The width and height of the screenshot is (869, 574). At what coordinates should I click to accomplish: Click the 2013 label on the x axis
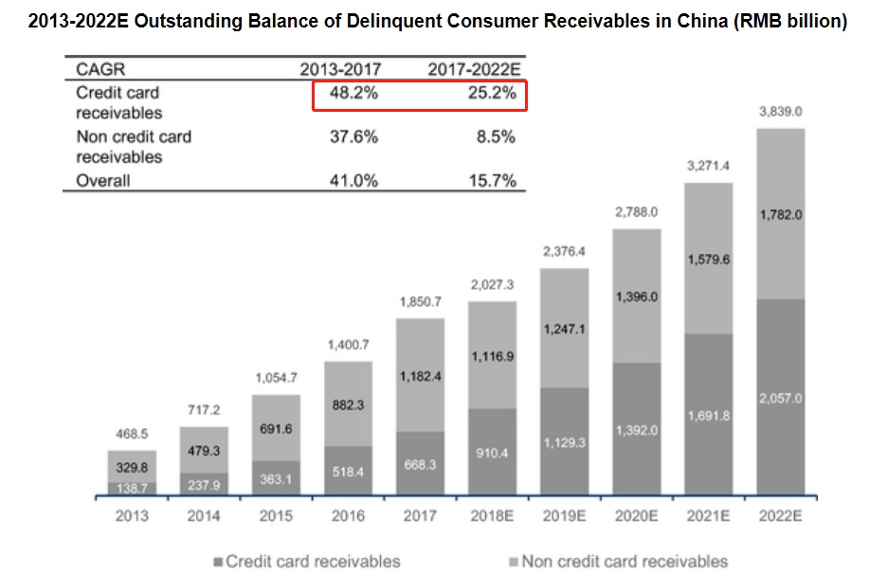point(132,515)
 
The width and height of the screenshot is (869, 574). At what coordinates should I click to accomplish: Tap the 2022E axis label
point(780,515)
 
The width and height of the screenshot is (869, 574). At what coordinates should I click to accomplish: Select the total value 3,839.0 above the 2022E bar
point(780,112)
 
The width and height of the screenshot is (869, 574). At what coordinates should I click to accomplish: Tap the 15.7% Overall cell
point(491,181)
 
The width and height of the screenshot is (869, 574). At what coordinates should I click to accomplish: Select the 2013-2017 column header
point(339,69)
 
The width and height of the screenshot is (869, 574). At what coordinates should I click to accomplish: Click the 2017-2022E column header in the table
point(474,69)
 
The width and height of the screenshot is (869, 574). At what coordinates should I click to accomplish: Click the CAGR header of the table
point(100,69)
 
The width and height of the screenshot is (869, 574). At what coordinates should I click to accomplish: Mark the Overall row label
point(103,181)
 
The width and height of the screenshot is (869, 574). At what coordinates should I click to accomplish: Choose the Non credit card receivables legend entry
point(615,561)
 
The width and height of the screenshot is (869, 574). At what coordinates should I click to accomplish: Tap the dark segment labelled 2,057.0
point(780,399)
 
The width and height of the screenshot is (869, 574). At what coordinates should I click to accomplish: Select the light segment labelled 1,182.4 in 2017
point(420,376)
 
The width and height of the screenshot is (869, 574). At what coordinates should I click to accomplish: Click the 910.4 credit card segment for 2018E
point(492,453)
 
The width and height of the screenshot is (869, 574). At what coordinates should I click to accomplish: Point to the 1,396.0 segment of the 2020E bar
point(636,297)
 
